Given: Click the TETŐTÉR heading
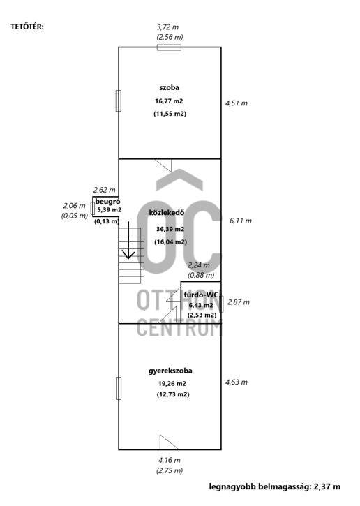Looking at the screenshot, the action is (27, 27).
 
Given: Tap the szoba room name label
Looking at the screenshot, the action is (170, 87).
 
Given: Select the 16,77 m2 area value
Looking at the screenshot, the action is (169, 101).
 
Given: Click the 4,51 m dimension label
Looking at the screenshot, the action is (237, 103).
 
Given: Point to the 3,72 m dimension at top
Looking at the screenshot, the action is (167, 27).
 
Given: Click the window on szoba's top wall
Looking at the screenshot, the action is (169, 47).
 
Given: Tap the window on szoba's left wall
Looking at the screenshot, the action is (119, 101).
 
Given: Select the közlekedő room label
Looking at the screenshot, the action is (167, 213).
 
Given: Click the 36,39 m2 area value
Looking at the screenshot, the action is (170, 229).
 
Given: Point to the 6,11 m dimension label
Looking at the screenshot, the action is (241, 221).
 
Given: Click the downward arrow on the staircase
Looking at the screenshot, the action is (128, 240).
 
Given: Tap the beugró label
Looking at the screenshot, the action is (107, 202).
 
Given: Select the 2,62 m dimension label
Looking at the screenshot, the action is (104, 190).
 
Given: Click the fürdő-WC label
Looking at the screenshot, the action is (202, 295).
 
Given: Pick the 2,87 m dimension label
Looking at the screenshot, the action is (239, 302).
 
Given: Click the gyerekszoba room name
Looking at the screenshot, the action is (170, 371).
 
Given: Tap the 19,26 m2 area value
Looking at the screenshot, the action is (172, 384).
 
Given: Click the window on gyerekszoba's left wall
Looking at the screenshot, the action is (119, 388).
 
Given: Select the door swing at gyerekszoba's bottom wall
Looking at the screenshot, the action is (169, 442).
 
